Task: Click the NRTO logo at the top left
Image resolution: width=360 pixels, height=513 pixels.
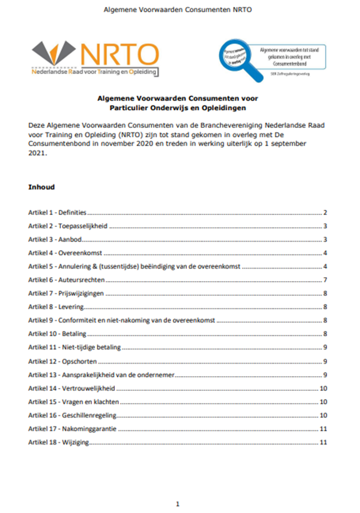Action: [94, 58]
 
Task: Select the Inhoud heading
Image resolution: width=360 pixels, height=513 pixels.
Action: [41, 187]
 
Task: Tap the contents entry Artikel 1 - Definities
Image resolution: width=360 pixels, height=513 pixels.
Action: [58, 213]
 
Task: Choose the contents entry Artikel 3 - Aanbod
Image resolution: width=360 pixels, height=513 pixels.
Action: [55, 240]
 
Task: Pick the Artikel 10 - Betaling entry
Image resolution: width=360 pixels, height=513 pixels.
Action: [58, 334]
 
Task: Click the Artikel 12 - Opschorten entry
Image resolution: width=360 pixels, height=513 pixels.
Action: [62, 361]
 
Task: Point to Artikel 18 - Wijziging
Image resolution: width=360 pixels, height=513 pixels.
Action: [59, 442]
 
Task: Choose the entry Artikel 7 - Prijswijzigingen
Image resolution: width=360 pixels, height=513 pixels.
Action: [66, 294]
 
